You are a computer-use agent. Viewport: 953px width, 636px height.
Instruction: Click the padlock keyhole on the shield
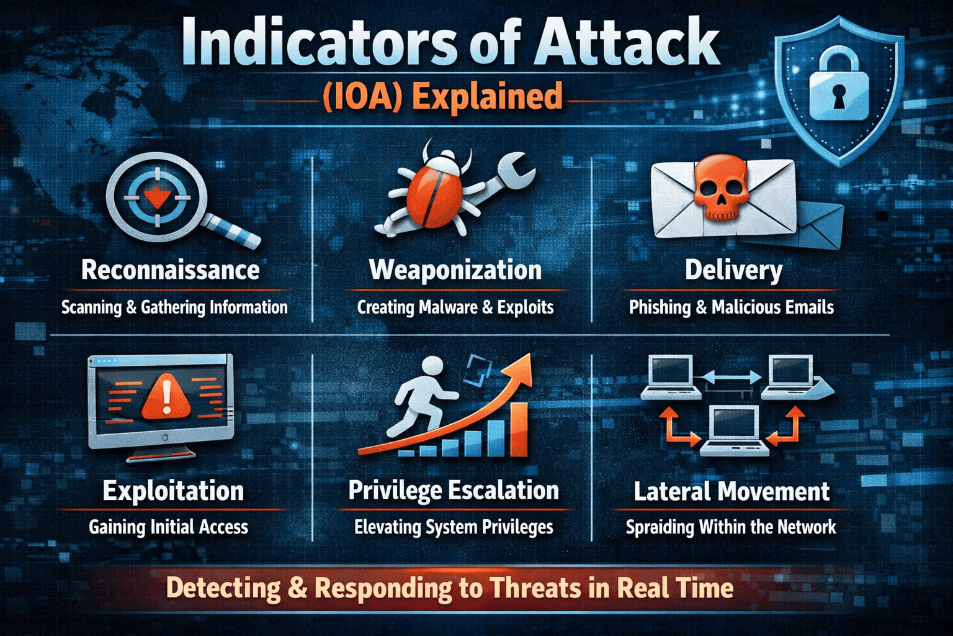(839, 96)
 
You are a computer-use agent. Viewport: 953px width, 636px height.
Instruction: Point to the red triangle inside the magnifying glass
(158, 198)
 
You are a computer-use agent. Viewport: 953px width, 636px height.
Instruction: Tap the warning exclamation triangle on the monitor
(166, 397)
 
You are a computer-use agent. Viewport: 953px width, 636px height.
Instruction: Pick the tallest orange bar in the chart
(519, 429)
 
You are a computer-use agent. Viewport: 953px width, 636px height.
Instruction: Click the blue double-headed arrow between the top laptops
(732, 377)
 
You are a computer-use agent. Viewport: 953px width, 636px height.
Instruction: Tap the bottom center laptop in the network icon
(734, 430)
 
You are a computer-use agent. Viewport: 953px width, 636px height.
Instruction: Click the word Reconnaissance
(170, 270)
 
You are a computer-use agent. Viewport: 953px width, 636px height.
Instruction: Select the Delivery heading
(733, 271)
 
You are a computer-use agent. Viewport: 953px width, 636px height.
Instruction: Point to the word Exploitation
(173, 491)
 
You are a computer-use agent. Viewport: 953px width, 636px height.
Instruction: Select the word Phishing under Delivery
(660, 307)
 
